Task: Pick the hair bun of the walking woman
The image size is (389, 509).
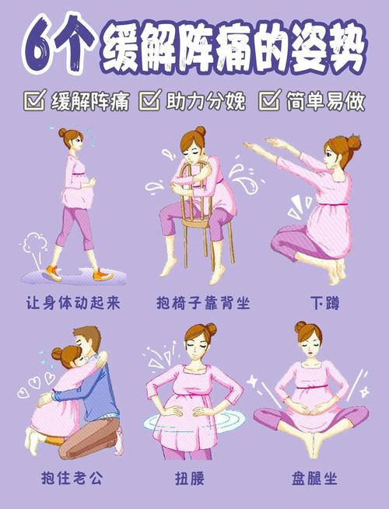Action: coord(63,133)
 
